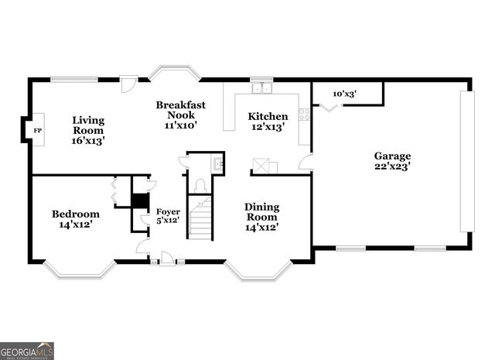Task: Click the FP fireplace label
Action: point(36,131)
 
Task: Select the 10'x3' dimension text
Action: point(343,94)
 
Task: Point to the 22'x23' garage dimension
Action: point(393,166)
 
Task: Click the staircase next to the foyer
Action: point(201,219)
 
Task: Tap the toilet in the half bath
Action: point(200,184)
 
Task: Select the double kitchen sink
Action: point(262,87)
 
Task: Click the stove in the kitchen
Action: point(304,114)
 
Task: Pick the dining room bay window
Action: point(258,270)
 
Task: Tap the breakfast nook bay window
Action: point(175,73)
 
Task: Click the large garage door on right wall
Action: point(466,161)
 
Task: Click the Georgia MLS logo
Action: point(27,351)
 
